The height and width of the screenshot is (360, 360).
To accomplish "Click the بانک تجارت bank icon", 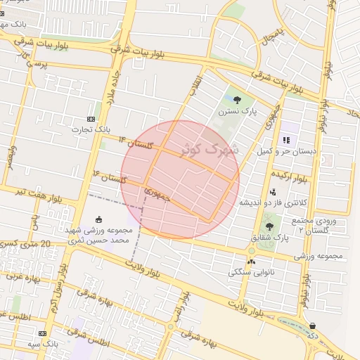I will (91, 119).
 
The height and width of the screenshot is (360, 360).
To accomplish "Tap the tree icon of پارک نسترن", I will (236, 99).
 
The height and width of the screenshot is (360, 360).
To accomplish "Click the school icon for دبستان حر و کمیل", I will (287, 140).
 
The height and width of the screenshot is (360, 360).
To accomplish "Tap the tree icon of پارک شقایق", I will (269, 226).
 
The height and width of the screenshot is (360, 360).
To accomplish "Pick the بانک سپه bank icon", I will (44, 333).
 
